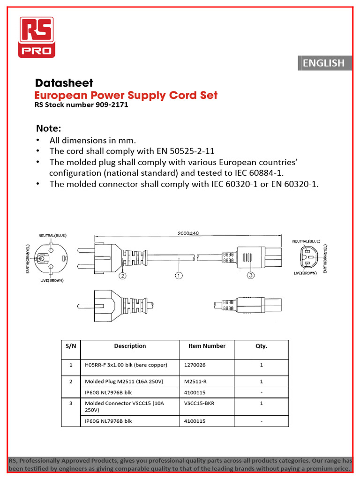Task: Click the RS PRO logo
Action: pyautogui.click(x=36, y=37)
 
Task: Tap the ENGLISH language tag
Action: pyautogui.click(x=323, y=63)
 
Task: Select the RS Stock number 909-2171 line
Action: pyautogui.click(x=81, y=105)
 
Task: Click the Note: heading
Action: pyautogui.click(x=49, y=128)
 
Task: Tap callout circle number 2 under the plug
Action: pyautogui.click(x=122, y=276)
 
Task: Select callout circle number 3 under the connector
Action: pyautogui.click(x=251, y=276)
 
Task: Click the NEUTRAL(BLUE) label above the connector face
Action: pyautogui.click(x=306, y=241)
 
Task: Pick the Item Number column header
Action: pyautogui.click(x=207, y=346)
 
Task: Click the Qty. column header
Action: pyautogui.click(x=261, y=346)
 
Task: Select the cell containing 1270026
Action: pyautogui.click(x=195, y=365)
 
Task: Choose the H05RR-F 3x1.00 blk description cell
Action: pyautogui.click(x=126, y=365)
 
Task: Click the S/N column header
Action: pyautogui.click(x=71, y=346)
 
